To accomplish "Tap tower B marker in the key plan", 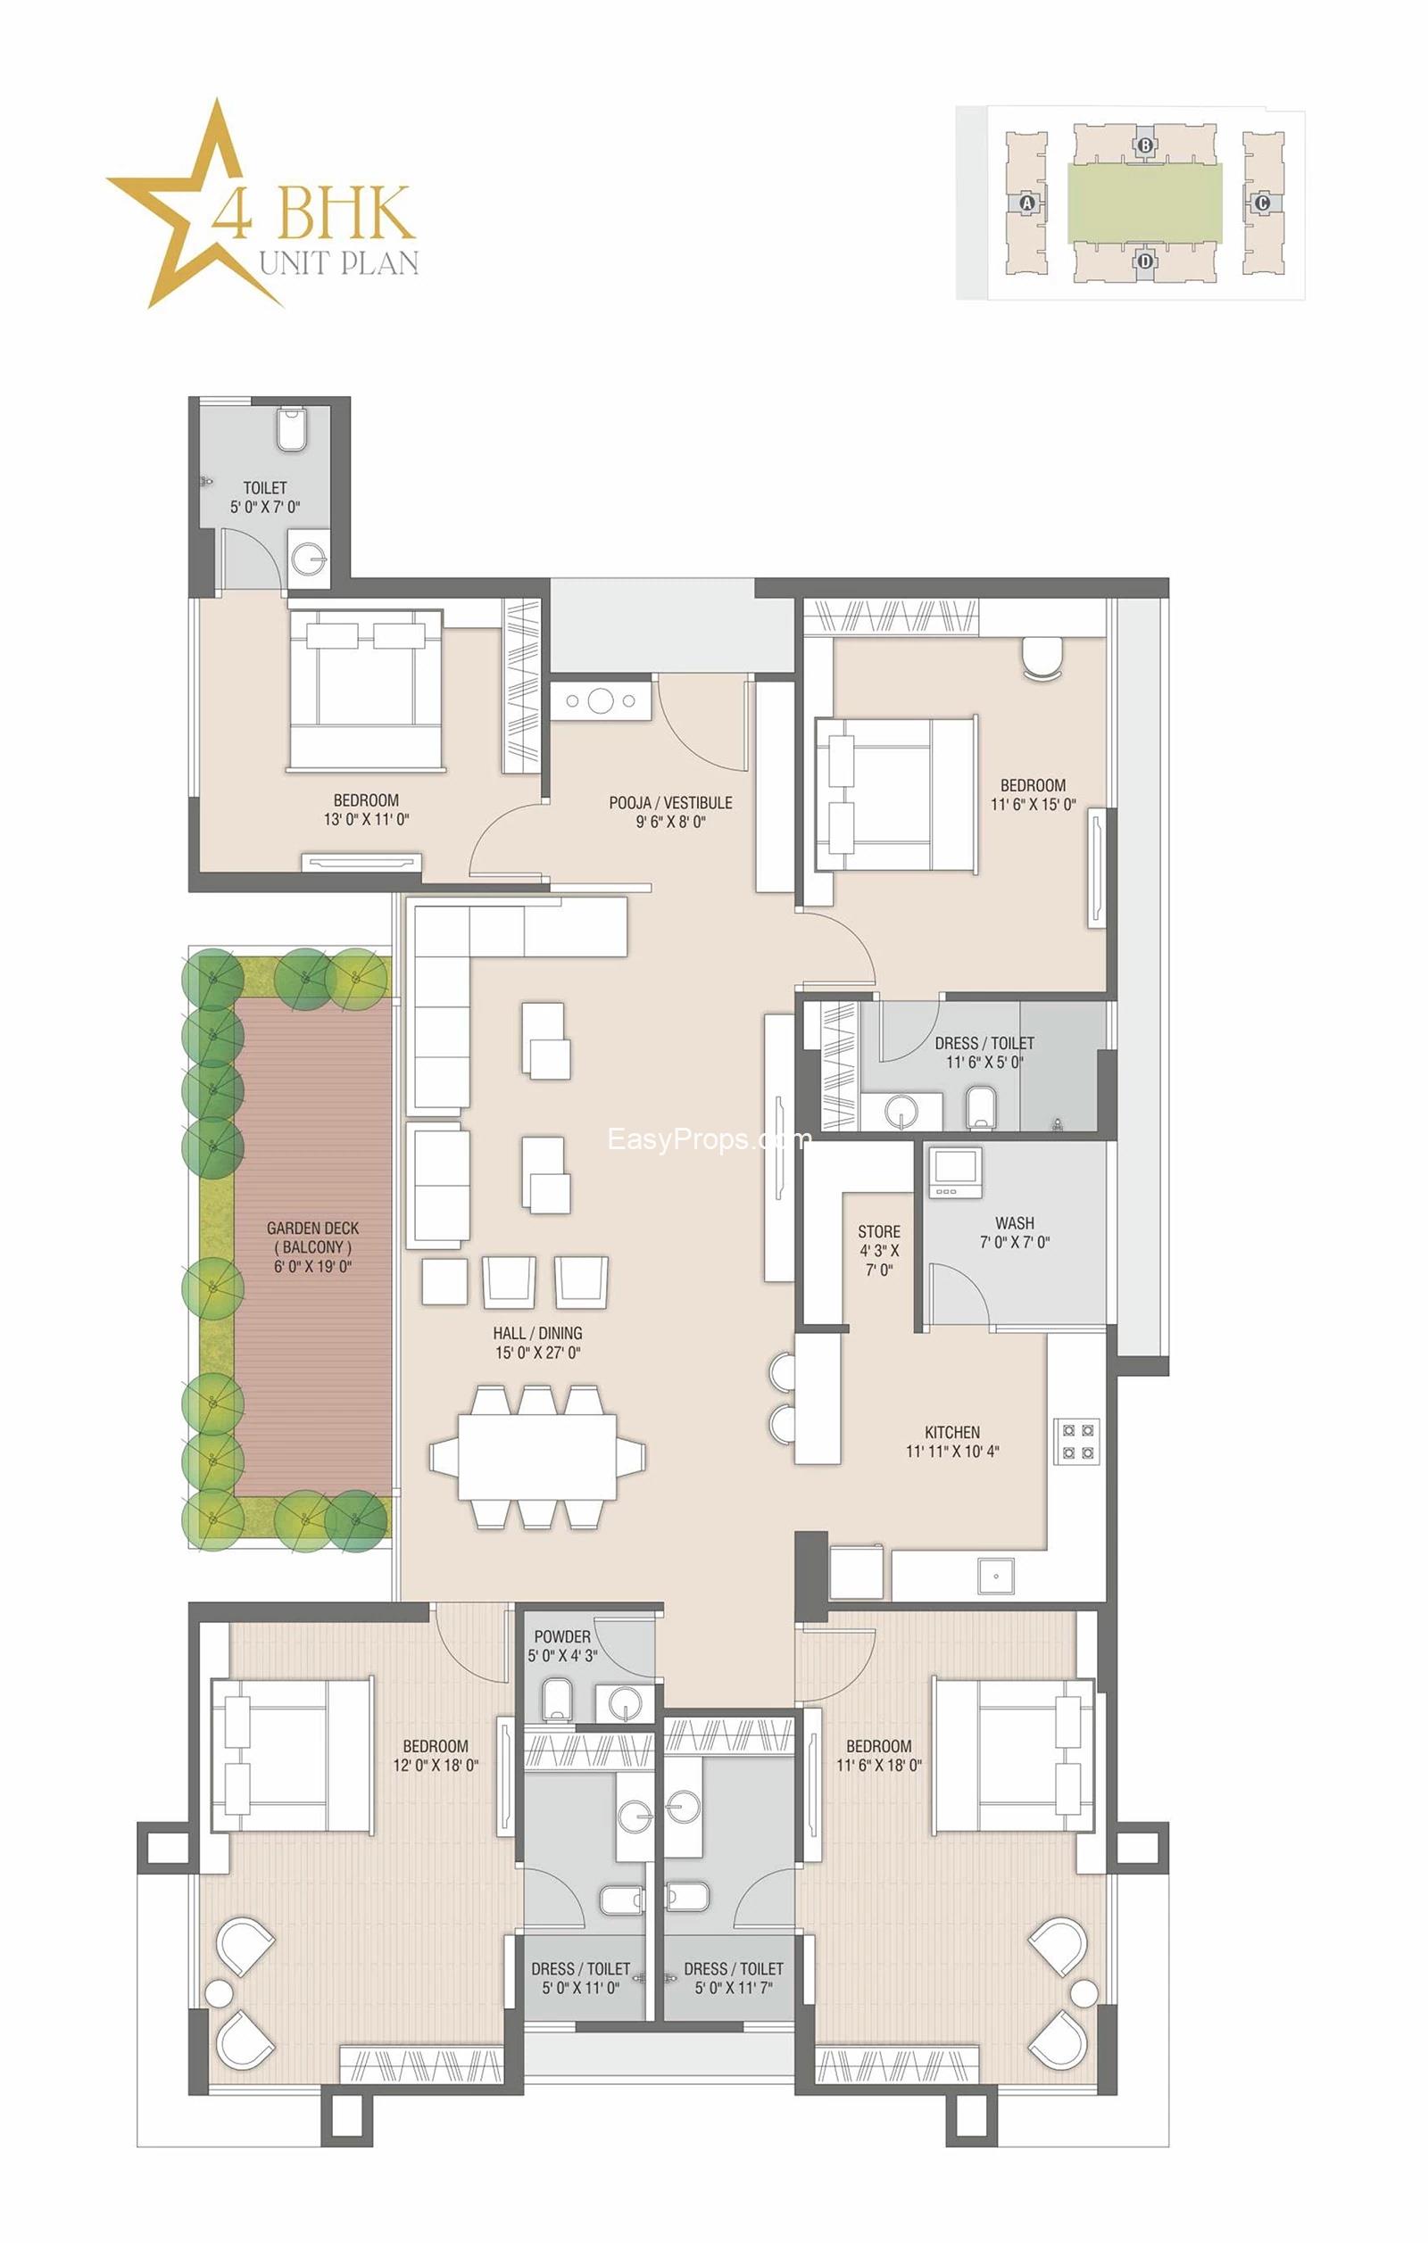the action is [1145, 145].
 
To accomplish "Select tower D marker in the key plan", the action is [1145, 261].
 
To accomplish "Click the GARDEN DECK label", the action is [313, 1228].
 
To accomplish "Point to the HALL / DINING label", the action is [537, 1333].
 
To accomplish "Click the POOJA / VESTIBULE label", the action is [670, 802].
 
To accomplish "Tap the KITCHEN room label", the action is [952, 1432].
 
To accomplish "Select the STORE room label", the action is [878, 1231].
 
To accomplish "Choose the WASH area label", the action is [1015, 1222].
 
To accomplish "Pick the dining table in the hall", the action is [537, 1456].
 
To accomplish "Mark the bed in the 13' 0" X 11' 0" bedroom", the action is [365, 691].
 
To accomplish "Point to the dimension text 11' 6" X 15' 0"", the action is [1032, 805].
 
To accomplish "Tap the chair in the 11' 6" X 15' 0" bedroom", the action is [1043, 658].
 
